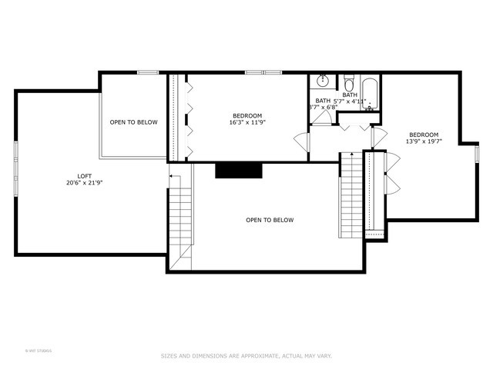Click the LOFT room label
pyautogui.click(x=74, y=175)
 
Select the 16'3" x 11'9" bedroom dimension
pyautogui.click(x=246, y=122)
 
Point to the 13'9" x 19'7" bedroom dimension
pyautogui.click(x=424, y=141)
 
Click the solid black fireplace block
pyautogui.click(x=239, y=171)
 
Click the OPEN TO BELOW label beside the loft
pyautogui.click(x=133, y=122)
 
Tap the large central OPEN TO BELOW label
pyautogui.click(x=270, y=221)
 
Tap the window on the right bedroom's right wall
pyautogui.click(x=477, y=154)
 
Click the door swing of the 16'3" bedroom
pyautogui.click(x=300, y=141)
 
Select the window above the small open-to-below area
pyautogui.click(x=148, y=72)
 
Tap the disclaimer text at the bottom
pyautogui.click(x=246, y=355)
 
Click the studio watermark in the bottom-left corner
pyautogui.click(x=39, y=351)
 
